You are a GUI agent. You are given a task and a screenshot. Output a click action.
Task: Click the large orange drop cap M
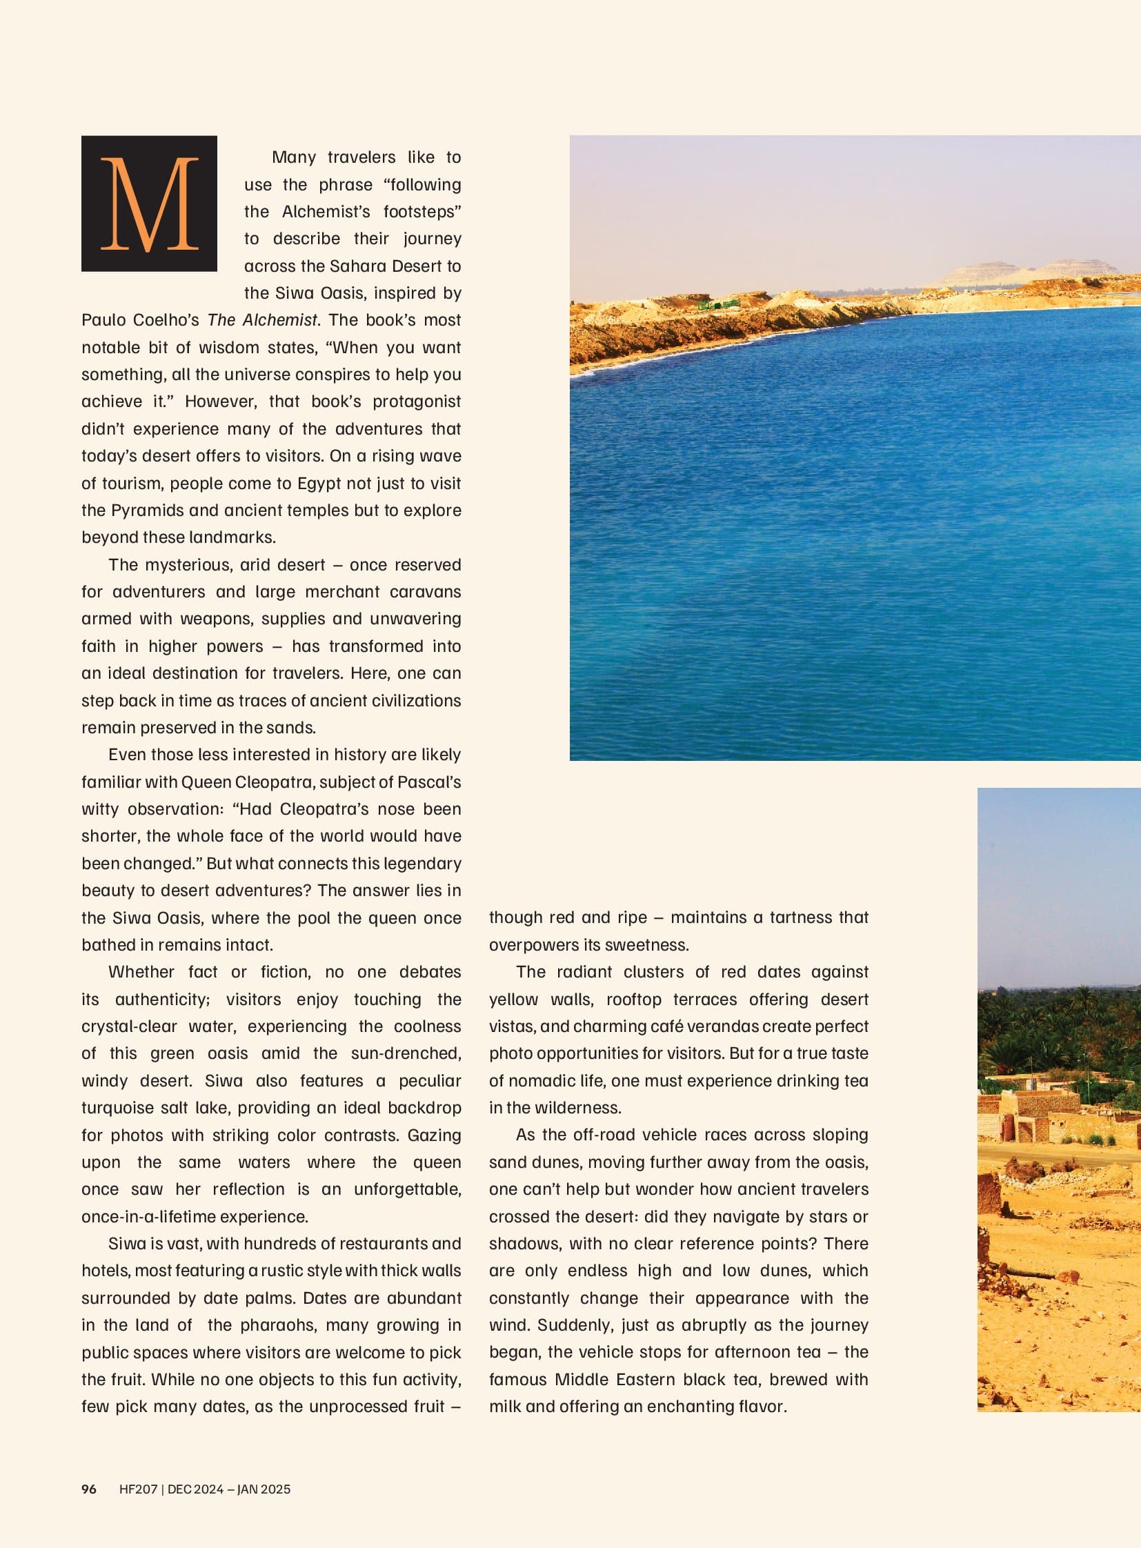tap(149, 204)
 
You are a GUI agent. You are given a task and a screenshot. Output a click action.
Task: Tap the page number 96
tap(89, 1489)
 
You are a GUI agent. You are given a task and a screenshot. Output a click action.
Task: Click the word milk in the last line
tap(505, 1406)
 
